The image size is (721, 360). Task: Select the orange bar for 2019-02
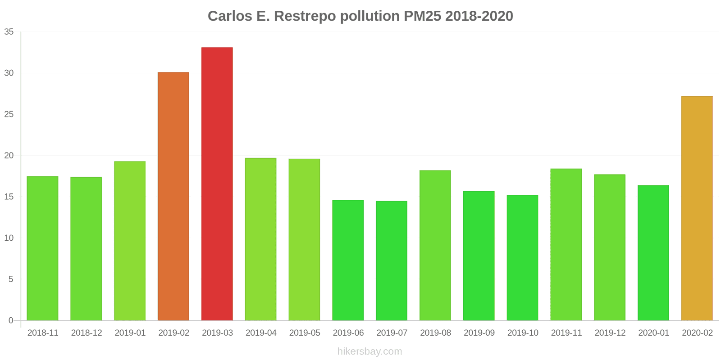click(173, 196)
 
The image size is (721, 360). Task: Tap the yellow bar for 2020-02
click(697, 208)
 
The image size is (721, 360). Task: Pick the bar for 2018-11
click(42, 248)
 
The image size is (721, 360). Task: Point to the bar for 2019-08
click(435, 245)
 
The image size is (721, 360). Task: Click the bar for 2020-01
click(653, 252)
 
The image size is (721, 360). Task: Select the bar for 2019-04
click(260, 239)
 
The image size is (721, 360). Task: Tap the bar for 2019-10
click(522, 257)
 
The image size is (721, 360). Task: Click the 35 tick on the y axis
click(9, 32)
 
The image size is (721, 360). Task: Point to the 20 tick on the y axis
click(9, 156)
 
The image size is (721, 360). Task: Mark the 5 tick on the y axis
click(11, 279)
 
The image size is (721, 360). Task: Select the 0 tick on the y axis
click(11, 320)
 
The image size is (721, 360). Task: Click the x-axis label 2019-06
click(348, 333)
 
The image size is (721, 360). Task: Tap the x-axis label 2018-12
click(87, 333)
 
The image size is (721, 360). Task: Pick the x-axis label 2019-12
click(610, 333)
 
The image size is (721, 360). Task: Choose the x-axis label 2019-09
click(479, 333)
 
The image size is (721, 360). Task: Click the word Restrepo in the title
click(305, 16)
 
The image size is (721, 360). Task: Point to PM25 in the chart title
click(422, 16)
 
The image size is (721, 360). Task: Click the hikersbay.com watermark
click(370, 351)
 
